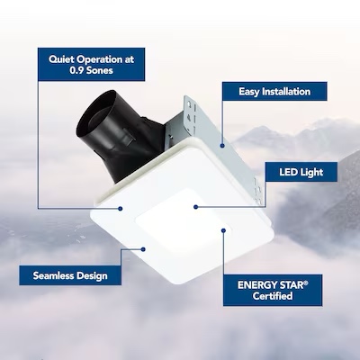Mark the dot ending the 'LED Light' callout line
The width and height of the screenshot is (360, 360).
tap(194, 206)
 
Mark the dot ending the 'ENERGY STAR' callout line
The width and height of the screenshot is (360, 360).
tap(222, 230)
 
